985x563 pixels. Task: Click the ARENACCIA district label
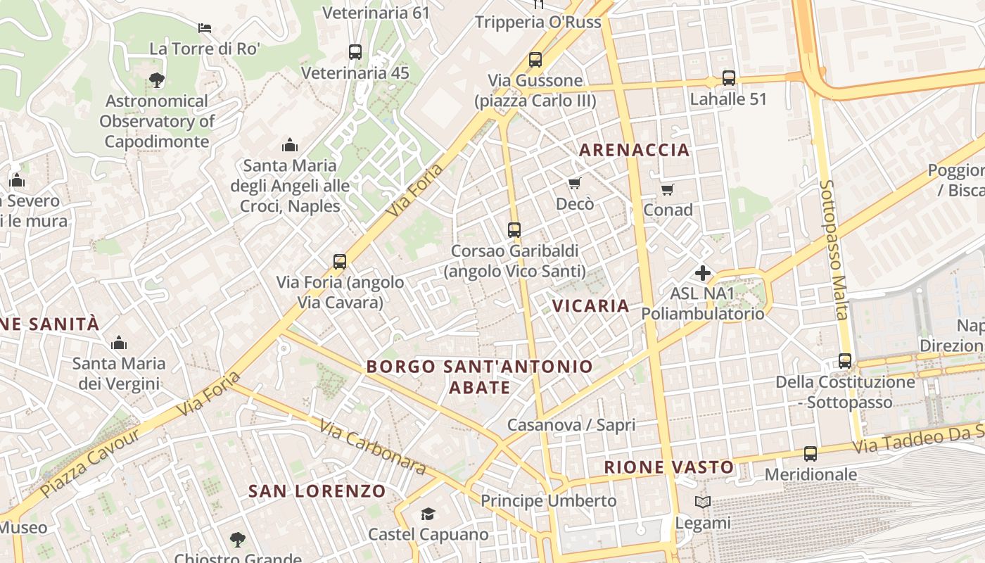[634, 150]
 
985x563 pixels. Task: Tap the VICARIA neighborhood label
[590, 305]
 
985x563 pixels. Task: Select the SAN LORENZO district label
[317, 491]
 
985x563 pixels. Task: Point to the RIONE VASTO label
[668, 467]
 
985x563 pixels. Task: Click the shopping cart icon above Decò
[575, 184]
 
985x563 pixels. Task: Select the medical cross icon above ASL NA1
[702, 273]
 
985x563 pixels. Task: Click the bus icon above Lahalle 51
[729, 78]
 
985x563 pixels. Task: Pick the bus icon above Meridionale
[811, 454]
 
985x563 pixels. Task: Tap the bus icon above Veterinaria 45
[355, 52]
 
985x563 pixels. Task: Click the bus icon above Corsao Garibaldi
[514, 230]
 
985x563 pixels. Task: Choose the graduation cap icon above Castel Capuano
[428, 514]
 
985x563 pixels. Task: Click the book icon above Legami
[702, 502]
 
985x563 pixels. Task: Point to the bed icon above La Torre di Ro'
[205, 28]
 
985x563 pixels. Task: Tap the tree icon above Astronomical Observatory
[157, 80]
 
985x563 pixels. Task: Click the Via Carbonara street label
[372, 447]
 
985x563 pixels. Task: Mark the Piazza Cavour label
[89, 462]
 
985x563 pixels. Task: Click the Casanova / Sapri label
[571, 425]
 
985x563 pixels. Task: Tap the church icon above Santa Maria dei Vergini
[119, 343]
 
